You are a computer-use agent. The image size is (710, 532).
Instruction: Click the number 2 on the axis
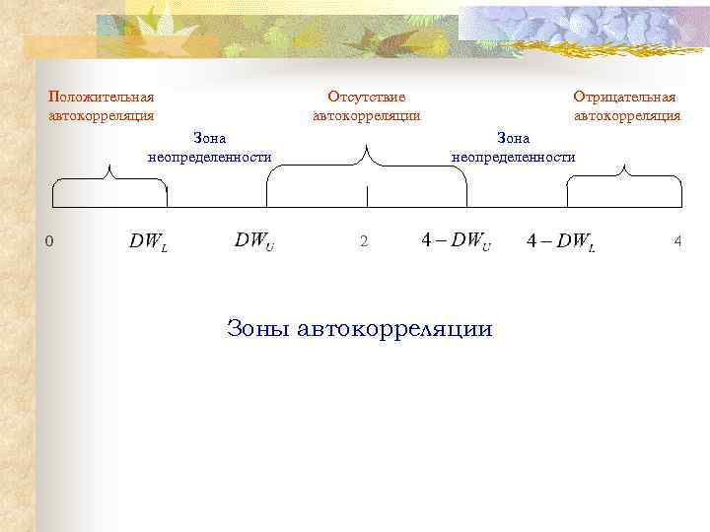click(364, 242)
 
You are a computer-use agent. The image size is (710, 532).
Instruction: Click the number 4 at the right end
click(677, 242)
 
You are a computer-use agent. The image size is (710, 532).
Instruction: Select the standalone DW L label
click(149, 241)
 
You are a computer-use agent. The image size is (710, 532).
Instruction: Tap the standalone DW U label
click(254, 241)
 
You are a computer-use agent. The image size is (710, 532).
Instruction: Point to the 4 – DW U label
click(456, 241)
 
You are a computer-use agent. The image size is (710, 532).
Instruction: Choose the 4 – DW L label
click(561, 241)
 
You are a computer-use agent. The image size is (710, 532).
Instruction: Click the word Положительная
click(102, 98)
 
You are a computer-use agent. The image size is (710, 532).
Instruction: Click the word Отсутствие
click(367, 98)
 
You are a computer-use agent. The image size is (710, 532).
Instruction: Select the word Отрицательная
click(626, 98)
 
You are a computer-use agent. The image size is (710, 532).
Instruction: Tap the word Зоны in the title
click(260, 328)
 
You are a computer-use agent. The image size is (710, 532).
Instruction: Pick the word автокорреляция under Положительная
click(102, 115)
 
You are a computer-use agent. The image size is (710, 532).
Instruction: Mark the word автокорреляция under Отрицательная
click(627, 115)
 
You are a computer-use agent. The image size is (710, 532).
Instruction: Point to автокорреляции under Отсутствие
click(367, 115)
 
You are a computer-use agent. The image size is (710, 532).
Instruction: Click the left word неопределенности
click(209, 157)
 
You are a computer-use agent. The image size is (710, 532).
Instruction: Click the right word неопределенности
click(513, 157)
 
